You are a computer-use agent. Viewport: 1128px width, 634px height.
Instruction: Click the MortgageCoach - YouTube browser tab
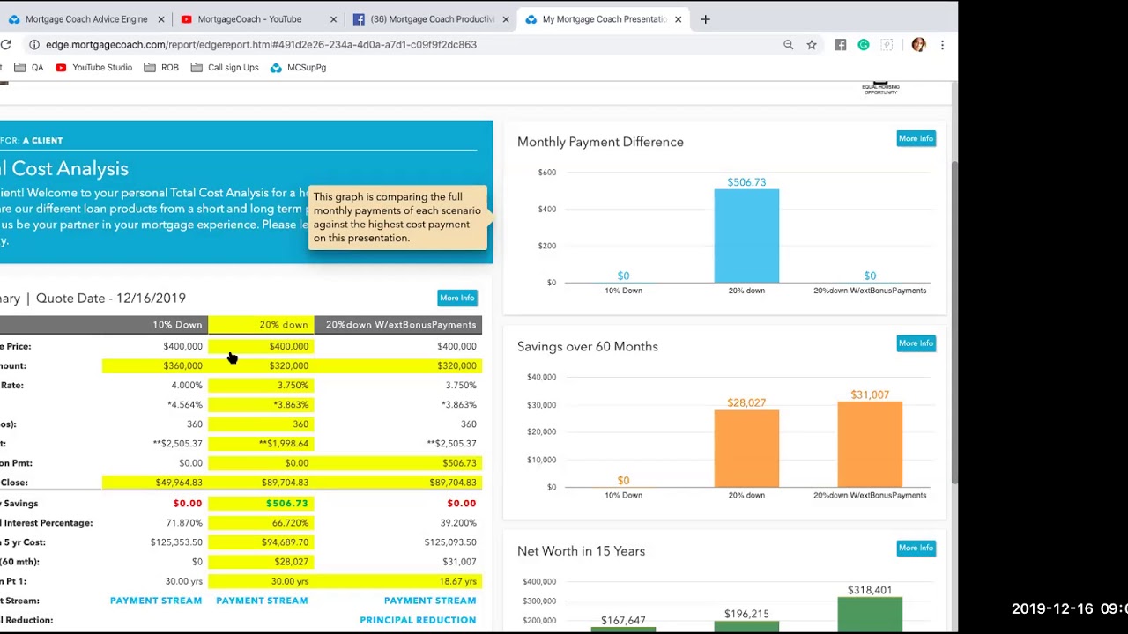249,19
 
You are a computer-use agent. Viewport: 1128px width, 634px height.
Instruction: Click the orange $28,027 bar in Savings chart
746,448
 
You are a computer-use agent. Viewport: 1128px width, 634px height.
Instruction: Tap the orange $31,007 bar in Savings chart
870,445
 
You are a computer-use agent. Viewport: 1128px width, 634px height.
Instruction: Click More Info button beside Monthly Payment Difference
916,138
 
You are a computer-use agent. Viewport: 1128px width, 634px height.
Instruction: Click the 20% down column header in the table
283,325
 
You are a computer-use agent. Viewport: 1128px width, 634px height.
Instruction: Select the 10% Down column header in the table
177,325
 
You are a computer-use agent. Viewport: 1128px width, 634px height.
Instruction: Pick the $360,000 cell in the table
182,365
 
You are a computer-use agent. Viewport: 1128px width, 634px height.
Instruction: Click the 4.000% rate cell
186,385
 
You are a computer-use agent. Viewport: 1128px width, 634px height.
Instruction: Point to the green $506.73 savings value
286,503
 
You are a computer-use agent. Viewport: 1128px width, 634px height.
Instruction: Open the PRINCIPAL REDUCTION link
418,620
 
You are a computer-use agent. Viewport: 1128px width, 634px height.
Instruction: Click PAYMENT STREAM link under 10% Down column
156,601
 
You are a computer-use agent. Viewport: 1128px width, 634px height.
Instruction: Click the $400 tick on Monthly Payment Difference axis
547,209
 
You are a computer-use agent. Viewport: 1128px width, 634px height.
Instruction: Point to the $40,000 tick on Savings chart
541,377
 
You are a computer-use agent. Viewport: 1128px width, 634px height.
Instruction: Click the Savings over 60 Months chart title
588,346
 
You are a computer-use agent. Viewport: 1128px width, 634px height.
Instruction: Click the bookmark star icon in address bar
812,45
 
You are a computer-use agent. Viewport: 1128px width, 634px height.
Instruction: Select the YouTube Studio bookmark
102,68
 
